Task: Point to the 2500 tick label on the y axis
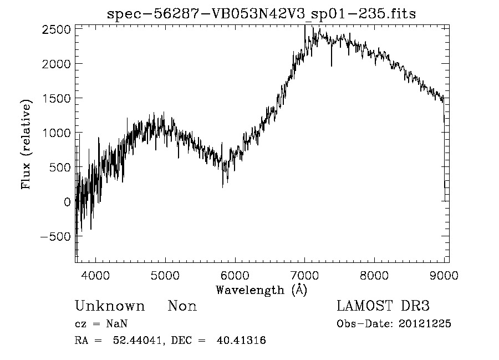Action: pos(56,29)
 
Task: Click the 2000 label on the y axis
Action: pos(56,63)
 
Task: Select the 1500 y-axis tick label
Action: pos(56,98)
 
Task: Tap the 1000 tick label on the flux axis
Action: pos(56,133)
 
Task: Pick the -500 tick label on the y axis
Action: pos(54,236)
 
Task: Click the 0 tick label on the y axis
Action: pos(67,202)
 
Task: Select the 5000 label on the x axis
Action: pos(165,275)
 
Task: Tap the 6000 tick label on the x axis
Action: pos(235,275)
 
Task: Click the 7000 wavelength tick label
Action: pos(305,275)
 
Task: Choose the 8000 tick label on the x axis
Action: pos(375,275)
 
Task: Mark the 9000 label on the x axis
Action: pos(444,275)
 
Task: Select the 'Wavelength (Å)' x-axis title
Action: pos(261,290)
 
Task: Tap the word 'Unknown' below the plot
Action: pos(110,306)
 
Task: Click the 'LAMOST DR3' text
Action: pos(383,306)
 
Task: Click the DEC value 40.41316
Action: pos(243,341)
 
